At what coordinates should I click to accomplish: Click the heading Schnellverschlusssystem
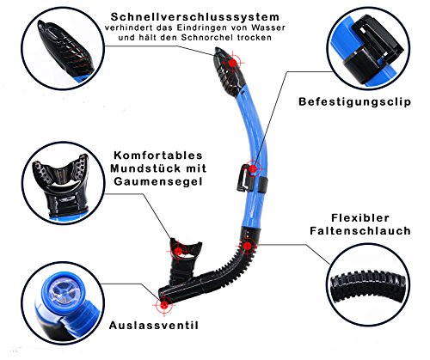[x=195, y=17]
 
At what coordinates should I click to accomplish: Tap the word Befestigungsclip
[x=354, y=102]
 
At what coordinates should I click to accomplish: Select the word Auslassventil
[x=154, y=326]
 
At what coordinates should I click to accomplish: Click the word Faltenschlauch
[x=360, y=231]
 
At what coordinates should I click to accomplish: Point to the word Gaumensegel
[x=158, y=181]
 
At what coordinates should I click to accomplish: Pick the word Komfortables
[x=158, y=156]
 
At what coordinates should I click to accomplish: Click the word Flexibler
[x=360, y=218]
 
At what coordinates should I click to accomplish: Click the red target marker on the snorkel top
[x=233, y=63]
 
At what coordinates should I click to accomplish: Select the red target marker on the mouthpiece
[x=178, y=252]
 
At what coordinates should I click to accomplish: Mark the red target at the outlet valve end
[x=164, y=305]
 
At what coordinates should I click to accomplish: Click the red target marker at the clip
[x=253, y=169]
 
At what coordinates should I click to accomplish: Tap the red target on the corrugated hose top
[x=247, y=246]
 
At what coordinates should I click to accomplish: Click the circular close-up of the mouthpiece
[x=63, y=183]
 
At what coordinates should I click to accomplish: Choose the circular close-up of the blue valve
[x=63, y=303]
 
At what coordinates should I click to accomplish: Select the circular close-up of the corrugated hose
[x=368, y=284]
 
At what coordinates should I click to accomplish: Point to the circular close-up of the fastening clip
[x=368, y=48]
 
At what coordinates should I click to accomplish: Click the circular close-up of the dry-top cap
[x=63, y=48]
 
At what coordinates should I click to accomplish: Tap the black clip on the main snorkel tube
[x=243, y=178]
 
